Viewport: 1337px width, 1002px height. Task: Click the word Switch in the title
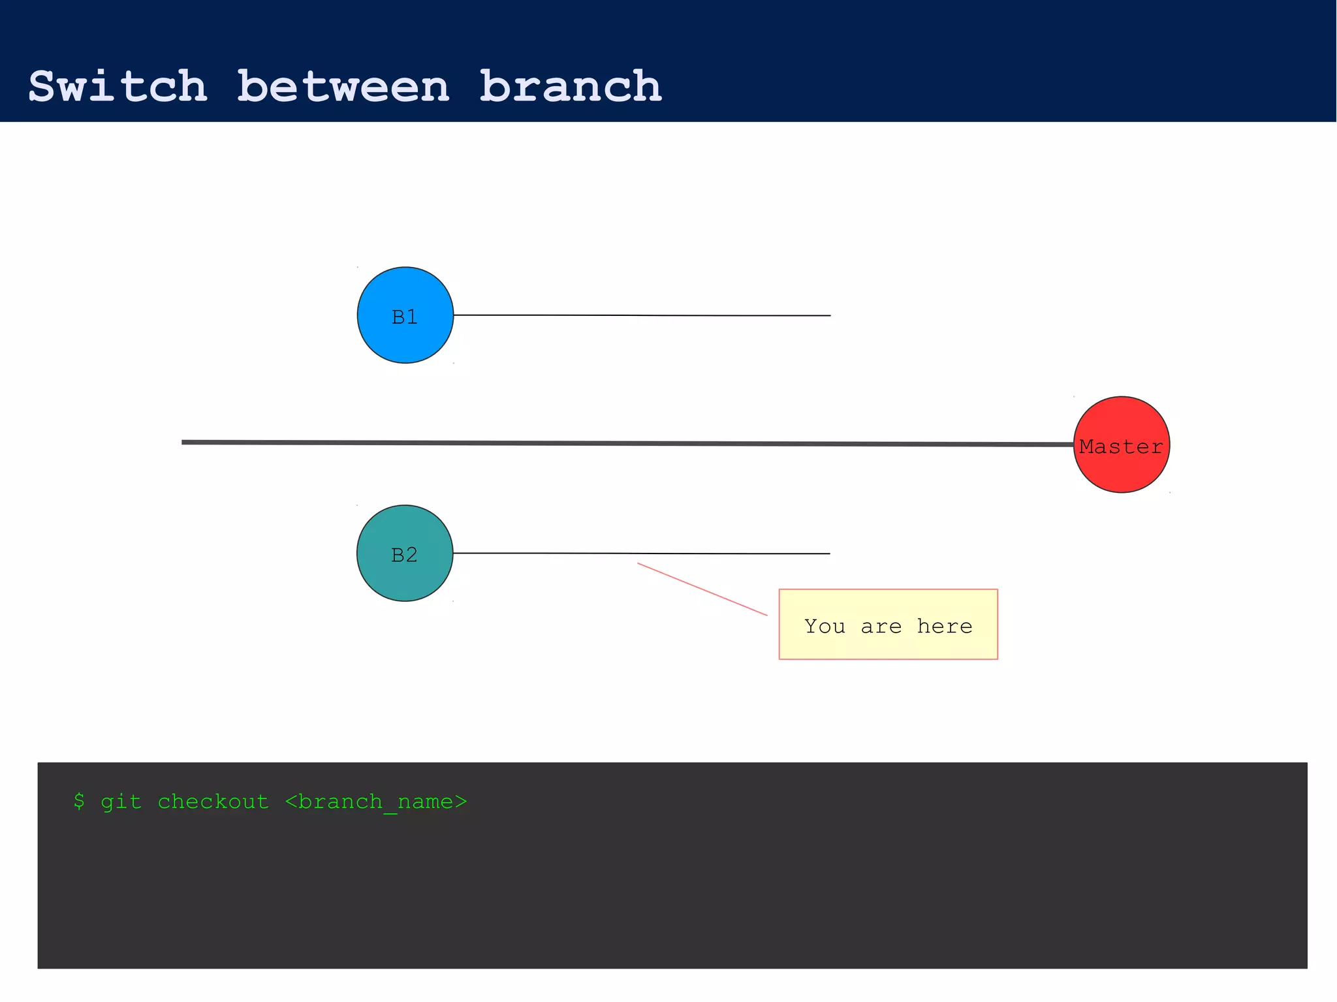click(118, 87)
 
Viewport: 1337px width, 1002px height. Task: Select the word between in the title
click(343, 87)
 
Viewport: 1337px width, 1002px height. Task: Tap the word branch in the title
click(571, 87)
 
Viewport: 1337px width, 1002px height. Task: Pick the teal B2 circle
click(405, 581)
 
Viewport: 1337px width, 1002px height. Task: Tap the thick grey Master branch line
click(627, 443)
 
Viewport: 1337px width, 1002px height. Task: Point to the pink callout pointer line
click(702, 589)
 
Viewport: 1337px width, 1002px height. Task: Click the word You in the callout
click(825, 627)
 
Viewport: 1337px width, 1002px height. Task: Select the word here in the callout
click(945, 627)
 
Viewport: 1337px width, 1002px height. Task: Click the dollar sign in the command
click(79, 802)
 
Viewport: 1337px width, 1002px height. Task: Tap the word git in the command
click(121, 802)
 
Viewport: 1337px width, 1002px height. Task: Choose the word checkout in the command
click(213, 802)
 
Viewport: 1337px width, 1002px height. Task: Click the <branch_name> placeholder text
click(376, 802)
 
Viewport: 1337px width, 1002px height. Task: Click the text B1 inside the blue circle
click(405, 317)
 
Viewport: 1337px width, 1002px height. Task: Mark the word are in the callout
click(881, 627)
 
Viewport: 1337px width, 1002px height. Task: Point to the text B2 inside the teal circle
click(404, 555)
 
